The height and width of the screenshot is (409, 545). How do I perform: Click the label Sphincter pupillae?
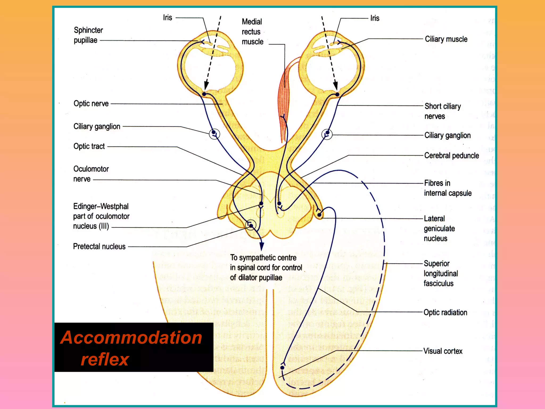tap(88, 35)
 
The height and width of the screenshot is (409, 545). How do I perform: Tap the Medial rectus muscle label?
tap(252, 32)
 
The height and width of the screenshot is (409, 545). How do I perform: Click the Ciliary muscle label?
tap(446, 39)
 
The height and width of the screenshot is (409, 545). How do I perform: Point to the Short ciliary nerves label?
tap(442, 111)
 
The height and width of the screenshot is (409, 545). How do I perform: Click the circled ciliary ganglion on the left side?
tap(214, 134)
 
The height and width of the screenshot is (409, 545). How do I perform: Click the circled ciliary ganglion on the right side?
tap(327, 134)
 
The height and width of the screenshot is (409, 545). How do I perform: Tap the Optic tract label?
tap(89, 146)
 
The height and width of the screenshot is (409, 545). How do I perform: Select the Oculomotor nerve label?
tap(91, 174)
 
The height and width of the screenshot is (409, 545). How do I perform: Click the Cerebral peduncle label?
tap(451, 156)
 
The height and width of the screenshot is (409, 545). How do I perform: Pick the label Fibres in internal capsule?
tap(448, 188)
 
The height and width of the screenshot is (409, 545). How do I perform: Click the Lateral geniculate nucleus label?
tap(439, 228)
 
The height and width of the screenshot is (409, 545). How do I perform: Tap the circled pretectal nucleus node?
tap(250, 225)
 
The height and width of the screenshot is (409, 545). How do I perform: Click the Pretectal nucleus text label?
tap(99, 246)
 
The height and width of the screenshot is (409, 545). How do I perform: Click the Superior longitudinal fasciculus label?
tap(441, 273)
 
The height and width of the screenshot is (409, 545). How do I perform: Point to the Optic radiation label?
tap(445, 312)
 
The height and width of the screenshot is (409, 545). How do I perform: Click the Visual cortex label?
tap(443, 351)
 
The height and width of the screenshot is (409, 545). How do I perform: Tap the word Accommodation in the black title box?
tap(131, 338)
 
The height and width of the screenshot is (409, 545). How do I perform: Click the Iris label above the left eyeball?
tap(168, 18)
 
